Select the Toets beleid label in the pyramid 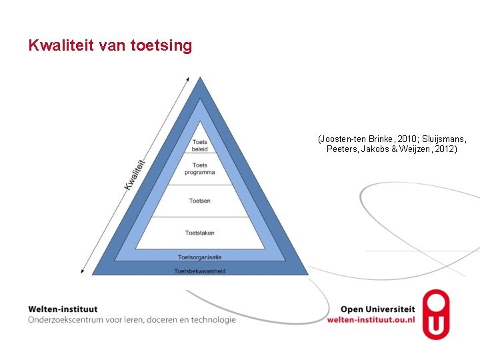coord(200,145)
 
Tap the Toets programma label coord(200,169)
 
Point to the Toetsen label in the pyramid coord(200,201)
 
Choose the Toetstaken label coord(200,233)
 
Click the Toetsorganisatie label coord(200,257)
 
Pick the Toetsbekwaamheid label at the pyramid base coord(200,271)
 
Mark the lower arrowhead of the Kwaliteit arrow coord(82,271)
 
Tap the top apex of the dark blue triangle coord(200,79)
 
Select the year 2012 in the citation coord(443,149)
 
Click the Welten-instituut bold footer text coord(63,309)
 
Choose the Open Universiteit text coord(377,309)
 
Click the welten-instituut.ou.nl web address coord(371,319)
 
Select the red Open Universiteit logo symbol coord(436,314)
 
